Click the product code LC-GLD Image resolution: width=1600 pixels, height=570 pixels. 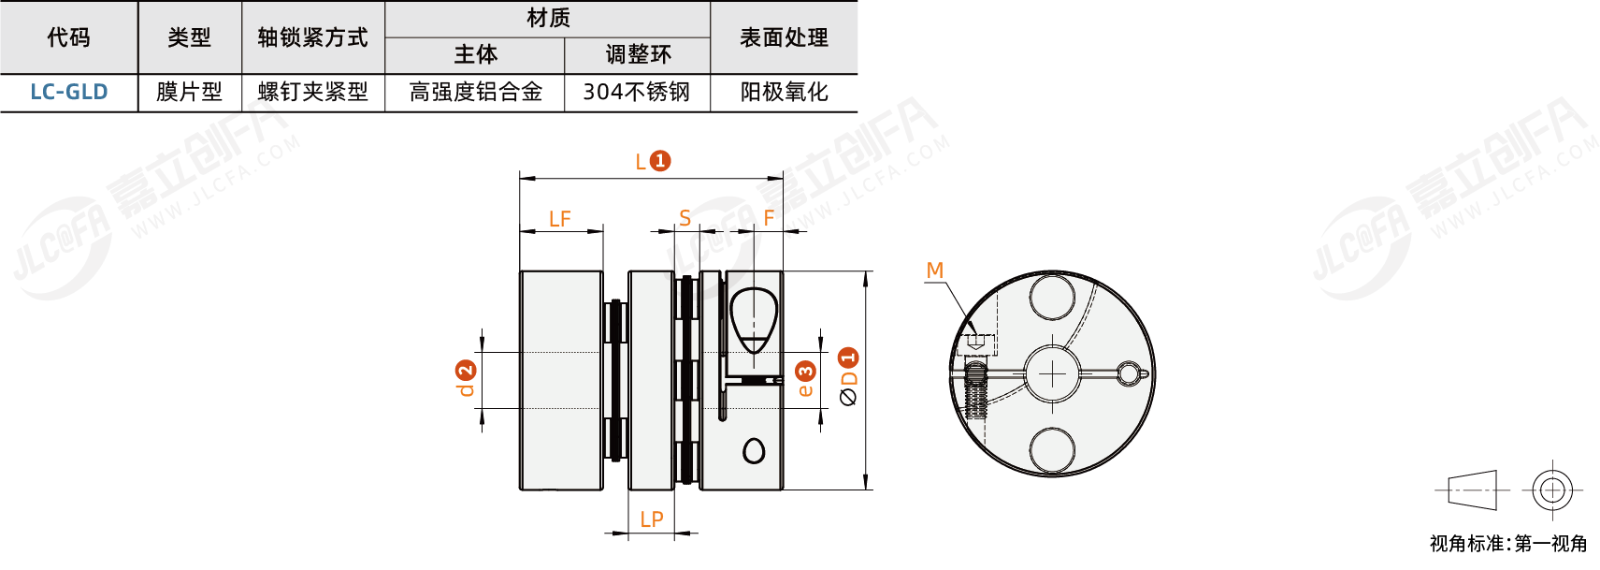[x=69, y=92]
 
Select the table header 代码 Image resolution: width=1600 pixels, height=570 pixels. [x=69, y=37]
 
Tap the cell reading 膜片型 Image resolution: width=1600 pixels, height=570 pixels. [x=189, y=92]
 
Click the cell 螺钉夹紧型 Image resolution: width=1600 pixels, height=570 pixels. [x=312, y=92]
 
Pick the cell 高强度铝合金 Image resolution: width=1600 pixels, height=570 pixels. [x=475, y=92]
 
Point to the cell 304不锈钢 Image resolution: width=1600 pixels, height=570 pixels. [x=636, y=92]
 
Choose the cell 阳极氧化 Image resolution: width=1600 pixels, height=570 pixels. [x=784, y=92]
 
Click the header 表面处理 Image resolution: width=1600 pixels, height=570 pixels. [x=784, y=37]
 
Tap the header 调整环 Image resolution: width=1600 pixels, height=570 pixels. [x=638, y=55]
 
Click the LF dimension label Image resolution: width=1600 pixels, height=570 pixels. [x=559, y=219]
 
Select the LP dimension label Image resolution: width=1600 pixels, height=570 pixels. [x=652, y=519]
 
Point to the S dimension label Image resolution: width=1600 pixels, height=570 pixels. [x=685, y=218]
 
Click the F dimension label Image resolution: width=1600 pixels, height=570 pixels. [x=769, y=218]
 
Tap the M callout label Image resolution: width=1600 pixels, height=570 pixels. [x=934, y=270]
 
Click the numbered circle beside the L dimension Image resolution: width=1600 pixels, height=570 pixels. [x=660, y=161]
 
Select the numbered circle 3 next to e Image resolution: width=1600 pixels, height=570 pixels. [x=805, y=372]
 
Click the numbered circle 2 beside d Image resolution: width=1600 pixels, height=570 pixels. [x=466, y=371]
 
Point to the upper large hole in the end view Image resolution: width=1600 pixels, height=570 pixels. [x=1052, y=299]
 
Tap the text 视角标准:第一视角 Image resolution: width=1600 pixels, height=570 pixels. [x=1507, y=544]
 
